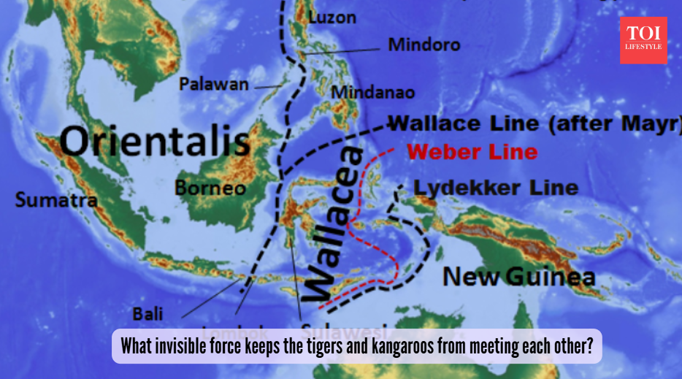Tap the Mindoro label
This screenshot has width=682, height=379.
pos(424,45)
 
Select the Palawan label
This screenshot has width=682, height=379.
pos(214,85)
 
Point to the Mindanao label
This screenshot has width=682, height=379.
pos(373,93)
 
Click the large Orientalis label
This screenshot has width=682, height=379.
pos(155,141)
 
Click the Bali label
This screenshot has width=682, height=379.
pos(147,314)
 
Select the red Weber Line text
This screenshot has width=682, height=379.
pos(472,153)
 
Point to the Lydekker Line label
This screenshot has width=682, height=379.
pos(496,188)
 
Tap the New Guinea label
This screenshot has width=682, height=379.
pos(519,277)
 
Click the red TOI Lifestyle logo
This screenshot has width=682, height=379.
pos(643,40)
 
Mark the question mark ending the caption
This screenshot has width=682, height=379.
pos(590,345)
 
